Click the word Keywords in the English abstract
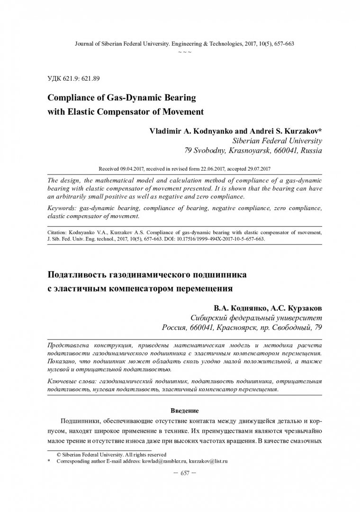tap(63, 209)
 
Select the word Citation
tap(59, 234)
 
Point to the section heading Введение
tap(184, 410)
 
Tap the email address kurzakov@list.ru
tap(209, 460)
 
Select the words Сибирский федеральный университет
tap(256, 318)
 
